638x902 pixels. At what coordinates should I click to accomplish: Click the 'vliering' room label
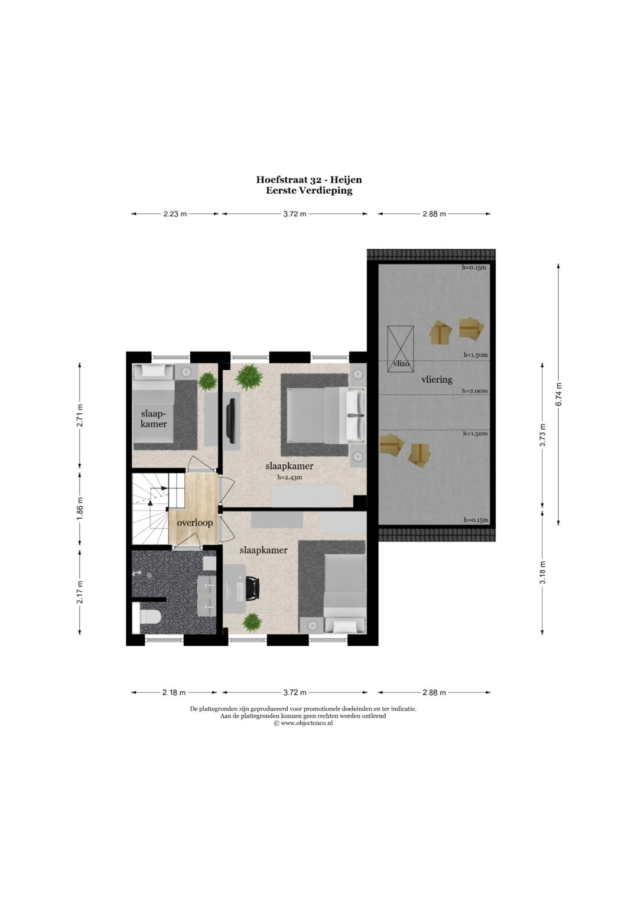(437, 379)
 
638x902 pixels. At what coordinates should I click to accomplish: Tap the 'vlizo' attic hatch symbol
(401, 349)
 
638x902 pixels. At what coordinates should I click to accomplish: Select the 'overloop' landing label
(195, 523)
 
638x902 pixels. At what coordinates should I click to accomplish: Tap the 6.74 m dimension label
(558, 394)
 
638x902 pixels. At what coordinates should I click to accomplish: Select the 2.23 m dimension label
(175, 214)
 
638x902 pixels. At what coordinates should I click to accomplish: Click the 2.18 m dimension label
(174, 693)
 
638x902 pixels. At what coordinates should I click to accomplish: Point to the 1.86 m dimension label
(80, 508)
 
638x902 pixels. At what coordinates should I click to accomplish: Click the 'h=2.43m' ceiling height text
(289, 477)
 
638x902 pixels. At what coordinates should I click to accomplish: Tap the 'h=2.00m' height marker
(475, 390)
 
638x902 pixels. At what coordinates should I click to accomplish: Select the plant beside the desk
(252, 622)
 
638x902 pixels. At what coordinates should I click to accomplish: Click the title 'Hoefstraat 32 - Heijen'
(309, 180)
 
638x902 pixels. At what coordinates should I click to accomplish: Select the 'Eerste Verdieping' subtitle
(309, 190)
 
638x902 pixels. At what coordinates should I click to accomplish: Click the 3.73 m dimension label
(542, 435)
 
